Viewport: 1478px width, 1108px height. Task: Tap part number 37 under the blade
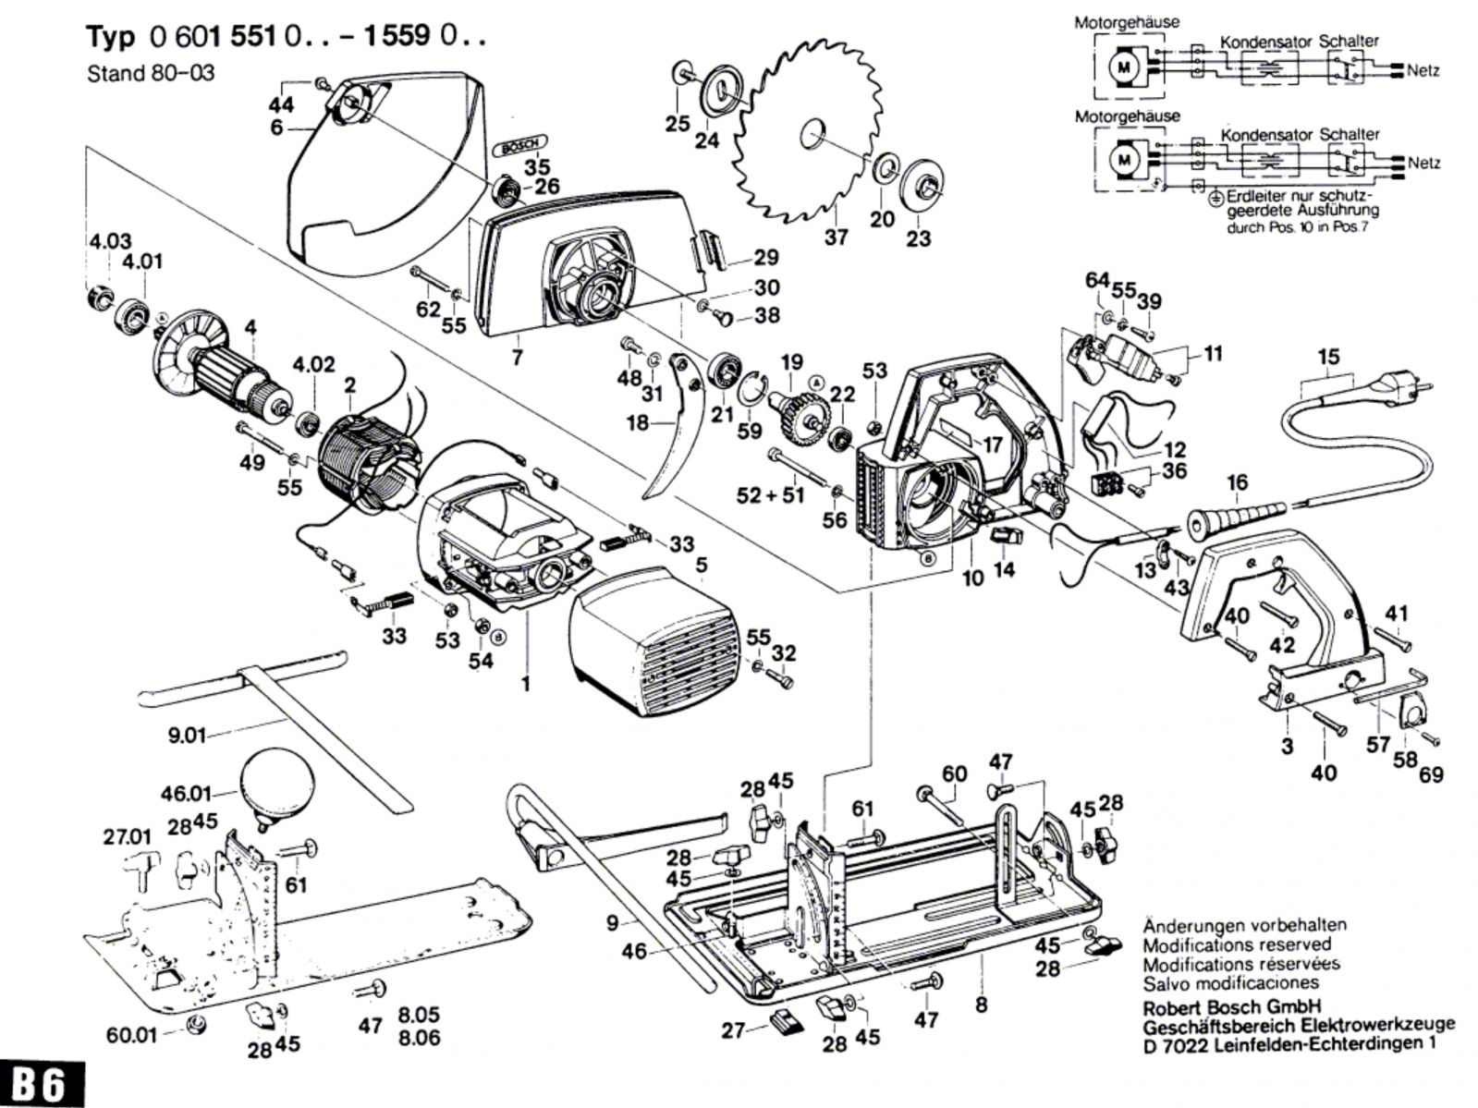click(x=836, y=237)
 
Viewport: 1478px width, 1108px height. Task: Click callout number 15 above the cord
click(x=1328, y=357)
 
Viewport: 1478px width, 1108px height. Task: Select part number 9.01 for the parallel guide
click(x=187, y=736)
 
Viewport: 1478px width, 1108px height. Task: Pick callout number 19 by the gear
click(x=792, y=361)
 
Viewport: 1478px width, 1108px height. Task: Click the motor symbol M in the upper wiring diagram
click(x=1124, y=67)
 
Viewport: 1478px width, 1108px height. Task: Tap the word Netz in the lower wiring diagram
click(x=1423, y=163)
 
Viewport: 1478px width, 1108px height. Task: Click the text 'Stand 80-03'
click(x=151, y=73)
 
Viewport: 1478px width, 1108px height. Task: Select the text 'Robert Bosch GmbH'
click(x=1231, y=1006)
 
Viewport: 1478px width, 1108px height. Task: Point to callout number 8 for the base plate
click(x=981, y=1004)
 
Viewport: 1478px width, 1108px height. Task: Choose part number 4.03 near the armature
click(x=110, y=242)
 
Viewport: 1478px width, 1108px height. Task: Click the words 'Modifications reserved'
click(x=1237, y=944)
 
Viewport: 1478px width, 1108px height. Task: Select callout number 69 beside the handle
click(x=1432, y=773)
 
